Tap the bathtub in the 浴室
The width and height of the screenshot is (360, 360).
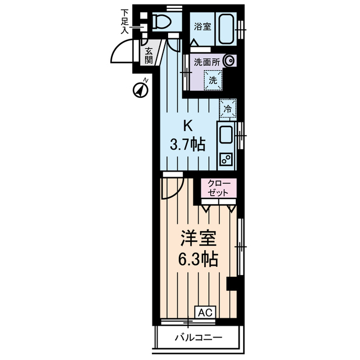pyautogui.click(x=227, y=26)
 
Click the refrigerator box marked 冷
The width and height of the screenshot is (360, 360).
pyautogui.click(x=228, y=108)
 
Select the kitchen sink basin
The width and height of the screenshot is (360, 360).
pyautogui.click(x=227, y=136)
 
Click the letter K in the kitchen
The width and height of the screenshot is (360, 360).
pyautogui.click(x=187, y=125)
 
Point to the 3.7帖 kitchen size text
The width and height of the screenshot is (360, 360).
pyautogui.click(x=187, y=144)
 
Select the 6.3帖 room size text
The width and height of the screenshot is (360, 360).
pyautogui.click(x=195, y=260)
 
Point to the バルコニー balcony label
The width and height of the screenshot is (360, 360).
pyautogui.click(x=197, y=337)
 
